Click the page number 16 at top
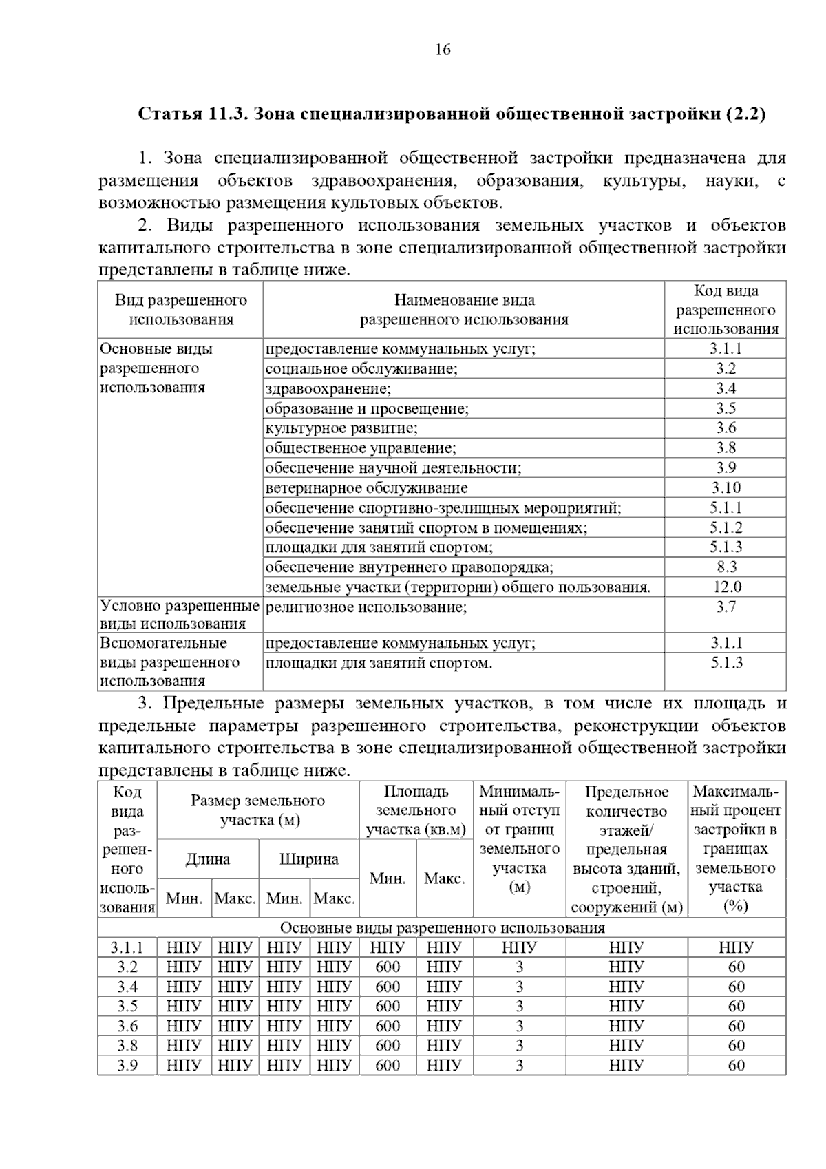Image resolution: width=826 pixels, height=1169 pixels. [443, 50]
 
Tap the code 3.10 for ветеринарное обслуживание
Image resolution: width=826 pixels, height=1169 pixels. [726, 488]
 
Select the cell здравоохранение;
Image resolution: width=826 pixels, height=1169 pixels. [328, 389]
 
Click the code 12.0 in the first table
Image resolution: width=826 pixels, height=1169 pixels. [726, 587]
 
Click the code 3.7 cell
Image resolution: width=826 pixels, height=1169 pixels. [726, 607]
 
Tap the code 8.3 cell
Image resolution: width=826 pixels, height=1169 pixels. [726, 567]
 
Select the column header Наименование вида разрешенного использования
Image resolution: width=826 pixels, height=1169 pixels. [464, 310]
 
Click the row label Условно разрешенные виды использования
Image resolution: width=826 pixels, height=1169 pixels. [180, 615]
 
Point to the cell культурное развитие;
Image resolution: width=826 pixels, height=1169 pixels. [341, 428]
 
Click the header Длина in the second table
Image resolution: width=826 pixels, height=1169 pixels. [208, 859]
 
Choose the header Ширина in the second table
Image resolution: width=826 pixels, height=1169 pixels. [309, 859]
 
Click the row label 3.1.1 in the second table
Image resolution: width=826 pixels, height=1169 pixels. [127, 947]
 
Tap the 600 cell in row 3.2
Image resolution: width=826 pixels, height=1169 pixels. [388, 967]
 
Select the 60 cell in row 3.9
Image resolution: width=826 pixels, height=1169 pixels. [736, 1066]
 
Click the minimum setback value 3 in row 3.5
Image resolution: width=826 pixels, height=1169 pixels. [519, 1007]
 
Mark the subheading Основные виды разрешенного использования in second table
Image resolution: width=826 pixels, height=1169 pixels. [442, 928]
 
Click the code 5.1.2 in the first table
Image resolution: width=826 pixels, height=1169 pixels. [726, 528]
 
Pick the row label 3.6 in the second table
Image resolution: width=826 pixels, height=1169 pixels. [127, 1026]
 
